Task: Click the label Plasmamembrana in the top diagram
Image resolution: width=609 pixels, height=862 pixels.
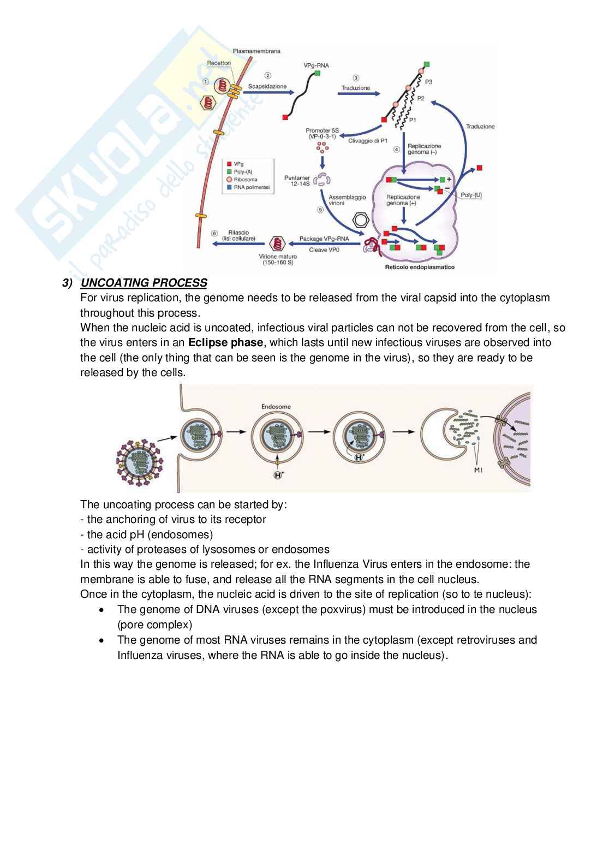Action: point(256,51)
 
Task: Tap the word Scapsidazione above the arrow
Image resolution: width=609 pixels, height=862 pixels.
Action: point(267,86)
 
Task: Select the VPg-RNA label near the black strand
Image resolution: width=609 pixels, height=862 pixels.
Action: point(316,66)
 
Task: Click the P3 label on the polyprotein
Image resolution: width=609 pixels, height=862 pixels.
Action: point(428,81)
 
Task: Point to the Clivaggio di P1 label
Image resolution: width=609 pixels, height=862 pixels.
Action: point(368,141)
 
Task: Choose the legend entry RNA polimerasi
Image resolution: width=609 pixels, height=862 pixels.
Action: point(251,187)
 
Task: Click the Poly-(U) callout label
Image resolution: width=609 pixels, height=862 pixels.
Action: point(471,195)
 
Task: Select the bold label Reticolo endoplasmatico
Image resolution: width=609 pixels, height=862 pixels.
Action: point(420,267)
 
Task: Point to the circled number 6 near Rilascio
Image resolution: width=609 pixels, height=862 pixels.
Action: point(215,234)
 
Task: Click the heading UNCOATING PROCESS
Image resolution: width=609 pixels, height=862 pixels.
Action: point(144,283)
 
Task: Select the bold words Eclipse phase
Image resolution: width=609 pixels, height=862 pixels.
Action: point(225,343)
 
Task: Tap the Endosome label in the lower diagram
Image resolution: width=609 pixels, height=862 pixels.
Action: point(276,406)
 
